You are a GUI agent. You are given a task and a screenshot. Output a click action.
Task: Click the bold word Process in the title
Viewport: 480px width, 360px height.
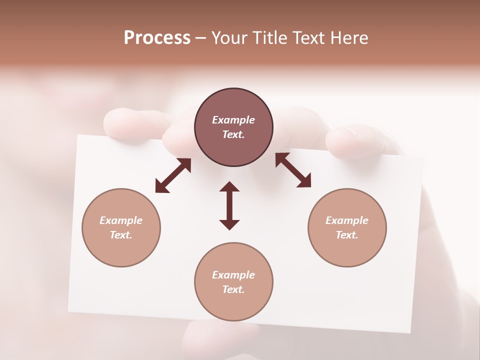point(157,38)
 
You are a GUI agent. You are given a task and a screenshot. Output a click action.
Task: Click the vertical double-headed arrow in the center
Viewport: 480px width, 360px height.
point(229,206)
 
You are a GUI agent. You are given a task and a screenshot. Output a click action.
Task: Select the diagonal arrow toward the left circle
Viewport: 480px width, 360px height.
point(173,175)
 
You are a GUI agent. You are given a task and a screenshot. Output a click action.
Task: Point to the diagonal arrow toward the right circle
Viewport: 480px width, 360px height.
point(293,170)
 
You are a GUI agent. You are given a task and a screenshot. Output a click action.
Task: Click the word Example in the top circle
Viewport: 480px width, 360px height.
point(233,120)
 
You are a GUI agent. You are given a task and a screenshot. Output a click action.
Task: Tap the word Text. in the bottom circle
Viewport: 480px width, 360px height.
point(233,289)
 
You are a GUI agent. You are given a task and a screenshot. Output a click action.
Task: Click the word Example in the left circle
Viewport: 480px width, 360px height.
point(121,220)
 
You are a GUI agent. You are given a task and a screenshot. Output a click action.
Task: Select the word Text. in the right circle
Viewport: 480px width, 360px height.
point(347,235)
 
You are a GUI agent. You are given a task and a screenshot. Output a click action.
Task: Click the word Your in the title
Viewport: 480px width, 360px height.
point(230,38)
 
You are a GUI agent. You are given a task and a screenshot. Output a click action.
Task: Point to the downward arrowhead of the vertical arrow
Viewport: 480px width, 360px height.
point(229,224)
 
